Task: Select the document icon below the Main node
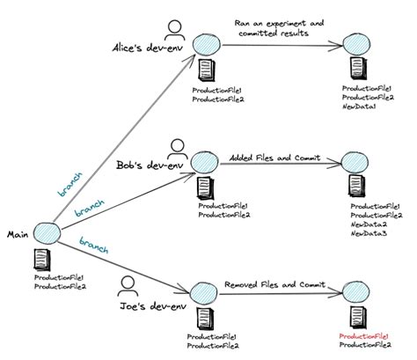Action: tap(41, 261)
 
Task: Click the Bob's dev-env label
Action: tap(152, 164)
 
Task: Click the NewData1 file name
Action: tap(362, 107)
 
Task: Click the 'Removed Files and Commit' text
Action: tap(268, 284)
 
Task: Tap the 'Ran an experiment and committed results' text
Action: tap(280, 27)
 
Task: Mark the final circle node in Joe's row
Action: tap(355, 291)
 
